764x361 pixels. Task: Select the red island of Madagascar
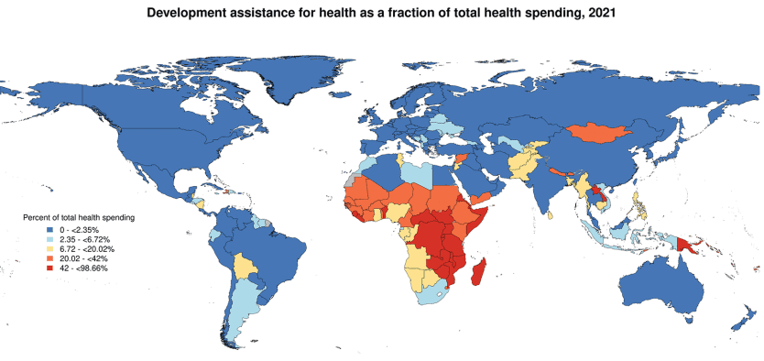(x=477, y=272)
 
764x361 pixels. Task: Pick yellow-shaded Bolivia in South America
(x=242, y=268)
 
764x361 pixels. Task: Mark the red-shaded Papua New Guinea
(x=689, y=246)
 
